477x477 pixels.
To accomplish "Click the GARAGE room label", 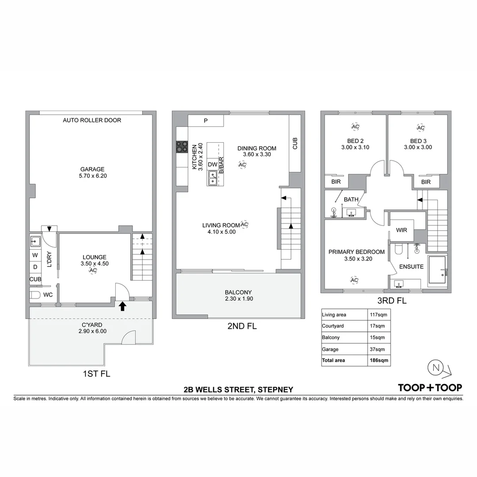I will (x=92, y=169).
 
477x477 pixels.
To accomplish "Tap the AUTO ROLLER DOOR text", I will (x=92, y=120).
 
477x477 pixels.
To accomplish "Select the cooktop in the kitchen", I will (x=182, y=146).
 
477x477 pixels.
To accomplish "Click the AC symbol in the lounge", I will (x=93, y=270).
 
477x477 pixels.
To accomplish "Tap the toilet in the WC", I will (x=36, y=295).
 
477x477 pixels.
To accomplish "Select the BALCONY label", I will (x=238, y=292).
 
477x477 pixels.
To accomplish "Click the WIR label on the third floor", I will (x=402, y=230).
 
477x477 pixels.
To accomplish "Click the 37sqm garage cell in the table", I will (x=376, y=349).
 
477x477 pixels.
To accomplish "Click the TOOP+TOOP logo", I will (x=430, y=387).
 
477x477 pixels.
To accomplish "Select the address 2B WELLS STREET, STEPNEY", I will (x=238, y=390).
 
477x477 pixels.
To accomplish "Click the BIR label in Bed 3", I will (x=426, y=182).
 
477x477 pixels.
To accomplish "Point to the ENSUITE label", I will (x=411, y=267).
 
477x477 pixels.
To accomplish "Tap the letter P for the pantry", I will (x=205, y=121).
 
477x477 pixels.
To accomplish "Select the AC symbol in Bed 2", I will (x=355, y=127).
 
